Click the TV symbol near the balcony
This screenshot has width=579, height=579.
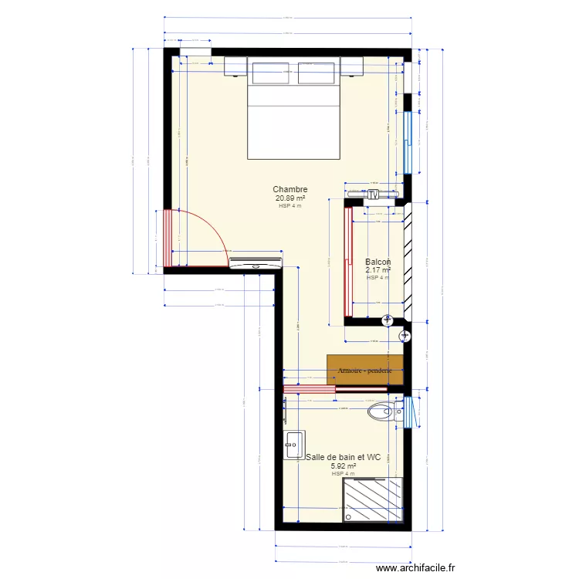click(x=374, y=194)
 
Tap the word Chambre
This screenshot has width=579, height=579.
click(x=290, y=189)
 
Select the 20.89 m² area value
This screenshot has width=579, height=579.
click(x=290, y=198)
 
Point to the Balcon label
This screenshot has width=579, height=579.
click(x=378, y=262)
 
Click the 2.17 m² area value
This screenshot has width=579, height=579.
click(x=378, y=270)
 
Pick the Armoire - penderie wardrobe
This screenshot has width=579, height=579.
click(x=365, y=370)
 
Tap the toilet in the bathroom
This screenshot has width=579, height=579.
click(x=381, y=411)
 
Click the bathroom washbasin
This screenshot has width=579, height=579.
click(x=294, y=442)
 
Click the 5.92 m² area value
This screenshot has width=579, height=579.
click(x=344, y=466)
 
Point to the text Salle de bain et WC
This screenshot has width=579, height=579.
click(x=344, y=457)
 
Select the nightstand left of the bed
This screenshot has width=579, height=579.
click(x=235, y=68)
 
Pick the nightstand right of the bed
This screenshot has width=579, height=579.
click(x=352, y=68)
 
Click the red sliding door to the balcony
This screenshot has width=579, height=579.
click(x=348, y=262)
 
